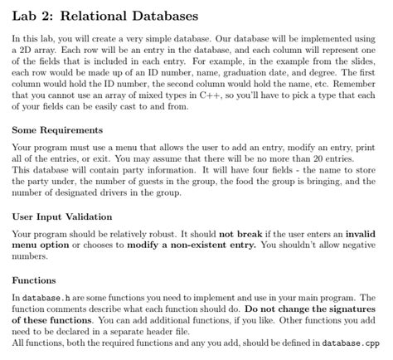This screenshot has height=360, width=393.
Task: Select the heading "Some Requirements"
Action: pyautogui.click(x=58, y=132)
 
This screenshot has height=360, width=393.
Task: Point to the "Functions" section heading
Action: pyautogui.click(x=34, y=280)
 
